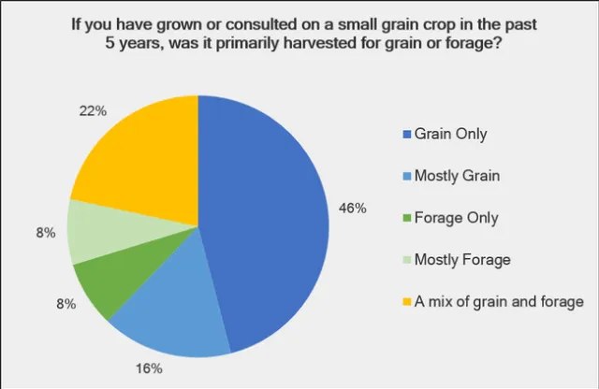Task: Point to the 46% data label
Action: (x=353, y=208)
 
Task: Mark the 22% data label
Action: (x=94, y=111)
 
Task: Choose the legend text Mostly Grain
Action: (x=458, y=176)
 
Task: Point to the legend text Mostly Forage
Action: (x=461, y=259)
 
